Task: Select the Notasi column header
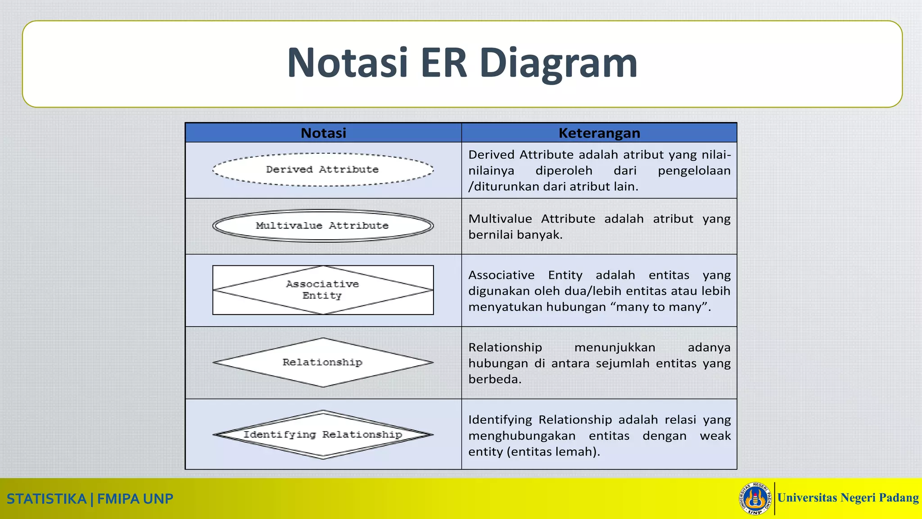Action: coord(323,133)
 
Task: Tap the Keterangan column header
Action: coord(599,133)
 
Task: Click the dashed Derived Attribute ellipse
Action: coord(323,170)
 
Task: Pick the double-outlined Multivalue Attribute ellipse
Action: coord(323,226)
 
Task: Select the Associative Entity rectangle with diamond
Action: coord(323,290)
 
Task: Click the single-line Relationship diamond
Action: coord(323,362)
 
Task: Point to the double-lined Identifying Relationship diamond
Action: coord(323,435)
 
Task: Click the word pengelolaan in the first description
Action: coord(694,171)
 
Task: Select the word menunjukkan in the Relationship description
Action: coord(615,347)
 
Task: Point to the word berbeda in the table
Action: coord(494,379)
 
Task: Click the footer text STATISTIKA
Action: coord(46,499)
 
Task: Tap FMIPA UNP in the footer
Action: coord(135,499)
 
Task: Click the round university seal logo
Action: coord(755,498)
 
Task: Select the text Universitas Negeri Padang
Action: coord(848,498)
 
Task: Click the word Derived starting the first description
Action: coord(491,155)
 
